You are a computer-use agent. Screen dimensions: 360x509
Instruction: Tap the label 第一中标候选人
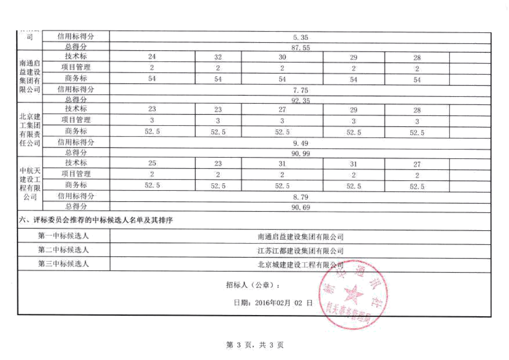(63, 235)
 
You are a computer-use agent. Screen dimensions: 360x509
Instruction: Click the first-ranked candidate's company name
(301, 236)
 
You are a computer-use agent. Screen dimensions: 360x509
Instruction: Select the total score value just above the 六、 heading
(301, 207)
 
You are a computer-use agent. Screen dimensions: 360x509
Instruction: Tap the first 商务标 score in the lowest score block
(152, 185)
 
